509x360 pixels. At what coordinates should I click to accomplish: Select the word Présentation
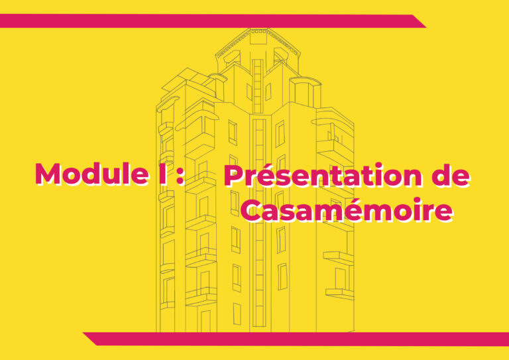(323, 176)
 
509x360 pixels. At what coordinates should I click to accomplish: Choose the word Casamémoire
(347, 211)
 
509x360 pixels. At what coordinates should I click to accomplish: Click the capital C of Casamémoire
(253, 211)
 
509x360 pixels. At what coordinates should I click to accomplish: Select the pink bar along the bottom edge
(298, 338)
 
